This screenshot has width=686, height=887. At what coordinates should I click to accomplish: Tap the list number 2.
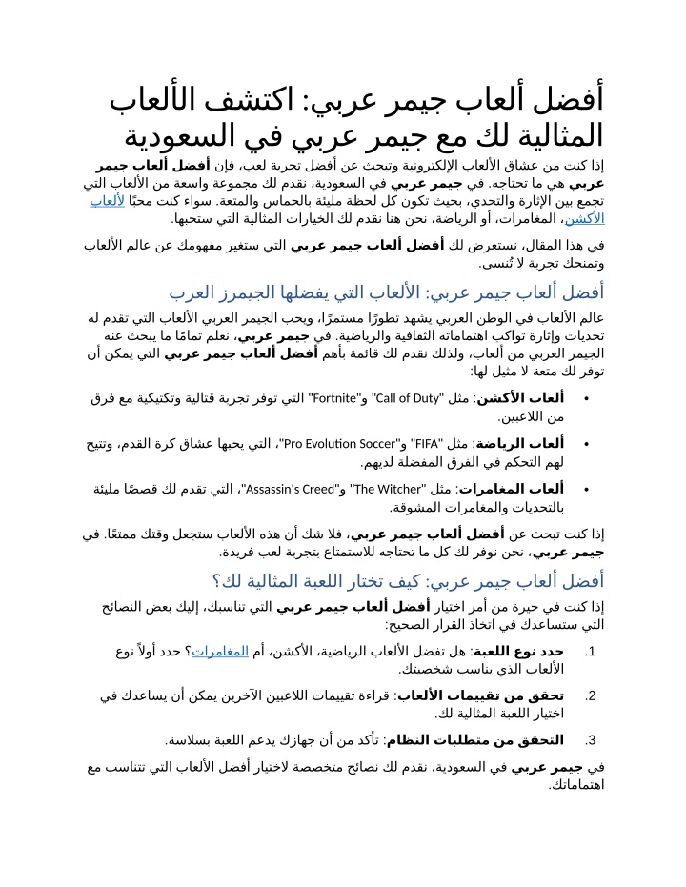coord(591,695)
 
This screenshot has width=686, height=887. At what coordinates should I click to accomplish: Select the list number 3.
coord(591,739)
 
